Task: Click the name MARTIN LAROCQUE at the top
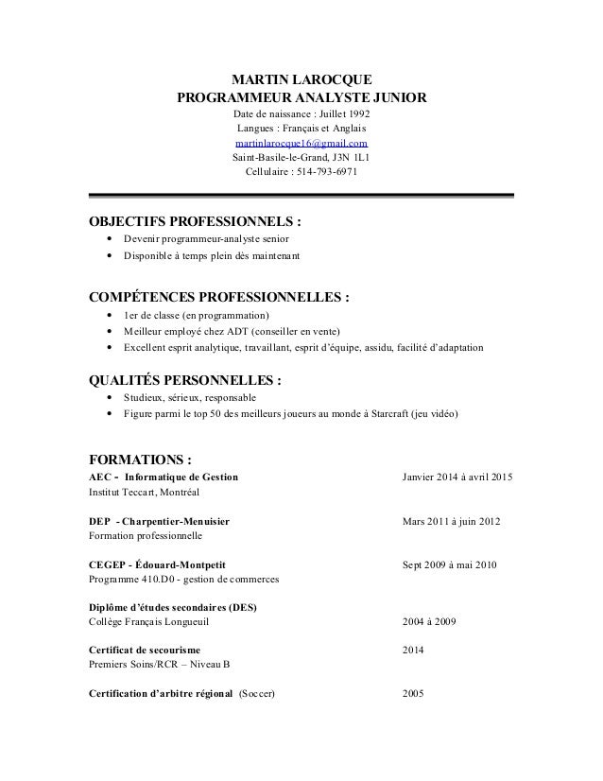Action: coord(301,78)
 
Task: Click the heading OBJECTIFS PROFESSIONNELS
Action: coord(195,223)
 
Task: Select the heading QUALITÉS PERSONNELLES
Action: coord(184,381)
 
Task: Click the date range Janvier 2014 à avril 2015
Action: coord(457,477)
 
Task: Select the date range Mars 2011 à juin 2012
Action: coord(452,522)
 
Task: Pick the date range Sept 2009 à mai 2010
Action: coord(452,564)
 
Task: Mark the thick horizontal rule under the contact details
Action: coord(301,198)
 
